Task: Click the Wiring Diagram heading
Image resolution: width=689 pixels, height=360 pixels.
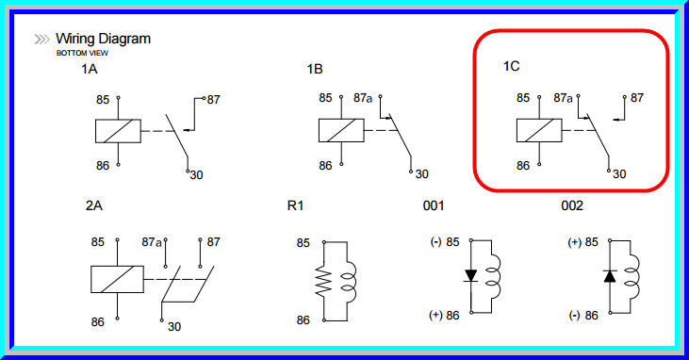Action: pos(103,40)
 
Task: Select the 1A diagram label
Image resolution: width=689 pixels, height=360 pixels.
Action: pos(90,70)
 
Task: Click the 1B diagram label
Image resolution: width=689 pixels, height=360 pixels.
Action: pos(315,70)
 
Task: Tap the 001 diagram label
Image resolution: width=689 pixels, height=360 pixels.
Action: pos(434,205)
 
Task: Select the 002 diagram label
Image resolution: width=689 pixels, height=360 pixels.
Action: pos(572,205)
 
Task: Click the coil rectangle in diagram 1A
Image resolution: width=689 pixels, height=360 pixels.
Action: pos(118,131)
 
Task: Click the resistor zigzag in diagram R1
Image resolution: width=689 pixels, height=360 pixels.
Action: pos(324,281)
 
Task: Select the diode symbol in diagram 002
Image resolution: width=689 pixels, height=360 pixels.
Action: pos(609,276)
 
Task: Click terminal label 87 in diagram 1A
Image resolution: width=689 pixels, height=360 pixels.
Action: pos(215,98)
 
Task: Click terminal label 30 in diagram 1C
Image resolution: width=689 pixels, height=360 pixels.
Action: pos(619,173)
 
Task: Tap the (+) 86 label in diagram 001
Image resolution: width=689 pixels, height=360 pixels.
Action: pos(444,315)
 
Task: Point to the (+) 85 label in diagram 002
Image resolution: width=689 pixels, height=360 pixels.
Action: pos(582,242)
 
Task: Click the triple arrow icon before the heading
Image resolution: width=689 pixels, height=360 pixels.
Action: pos(42,40)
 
